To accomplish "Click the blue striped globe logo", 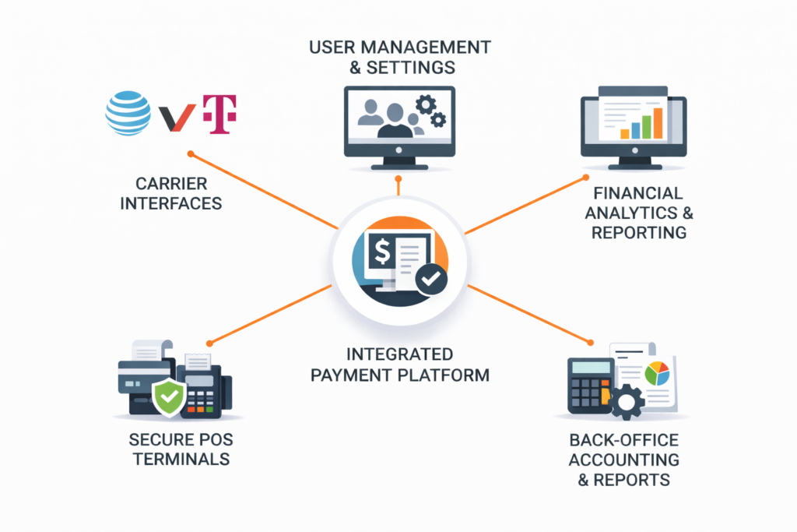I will click(128, 114).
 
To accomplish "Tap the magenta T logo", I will click(219, 115).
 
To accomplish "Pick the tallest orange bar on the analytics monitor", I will click(658, 122).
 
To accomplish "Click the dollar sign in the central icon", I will click(382, 252).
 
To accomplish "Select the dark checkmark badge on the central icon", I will click(430, 279).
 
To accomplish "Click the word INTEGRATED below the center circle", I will click(399, 354).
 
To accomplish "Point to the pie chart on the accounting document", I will click(656, 373).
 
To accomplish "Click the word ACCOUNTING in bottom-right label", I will click(623, 460).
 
